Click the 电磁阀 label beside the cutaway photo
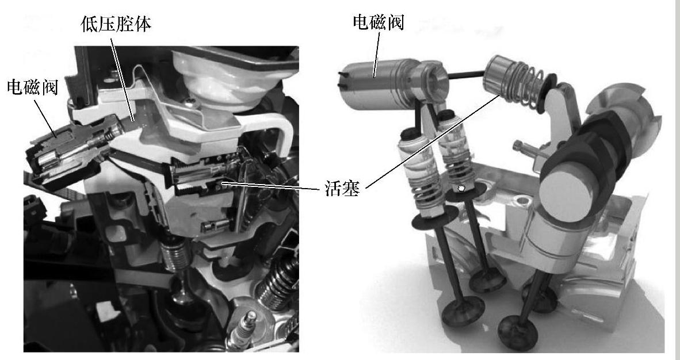(x=33, y=87)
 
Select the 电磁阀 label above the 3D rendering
(x=379, y=22)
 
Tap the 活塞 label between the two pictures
(x=342, y=189)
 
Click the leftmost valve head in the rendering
(x=463, y=312)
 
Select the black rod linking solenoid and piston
(x=467, y=75)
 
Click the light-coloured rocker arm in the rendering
(x=560, y=113)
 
